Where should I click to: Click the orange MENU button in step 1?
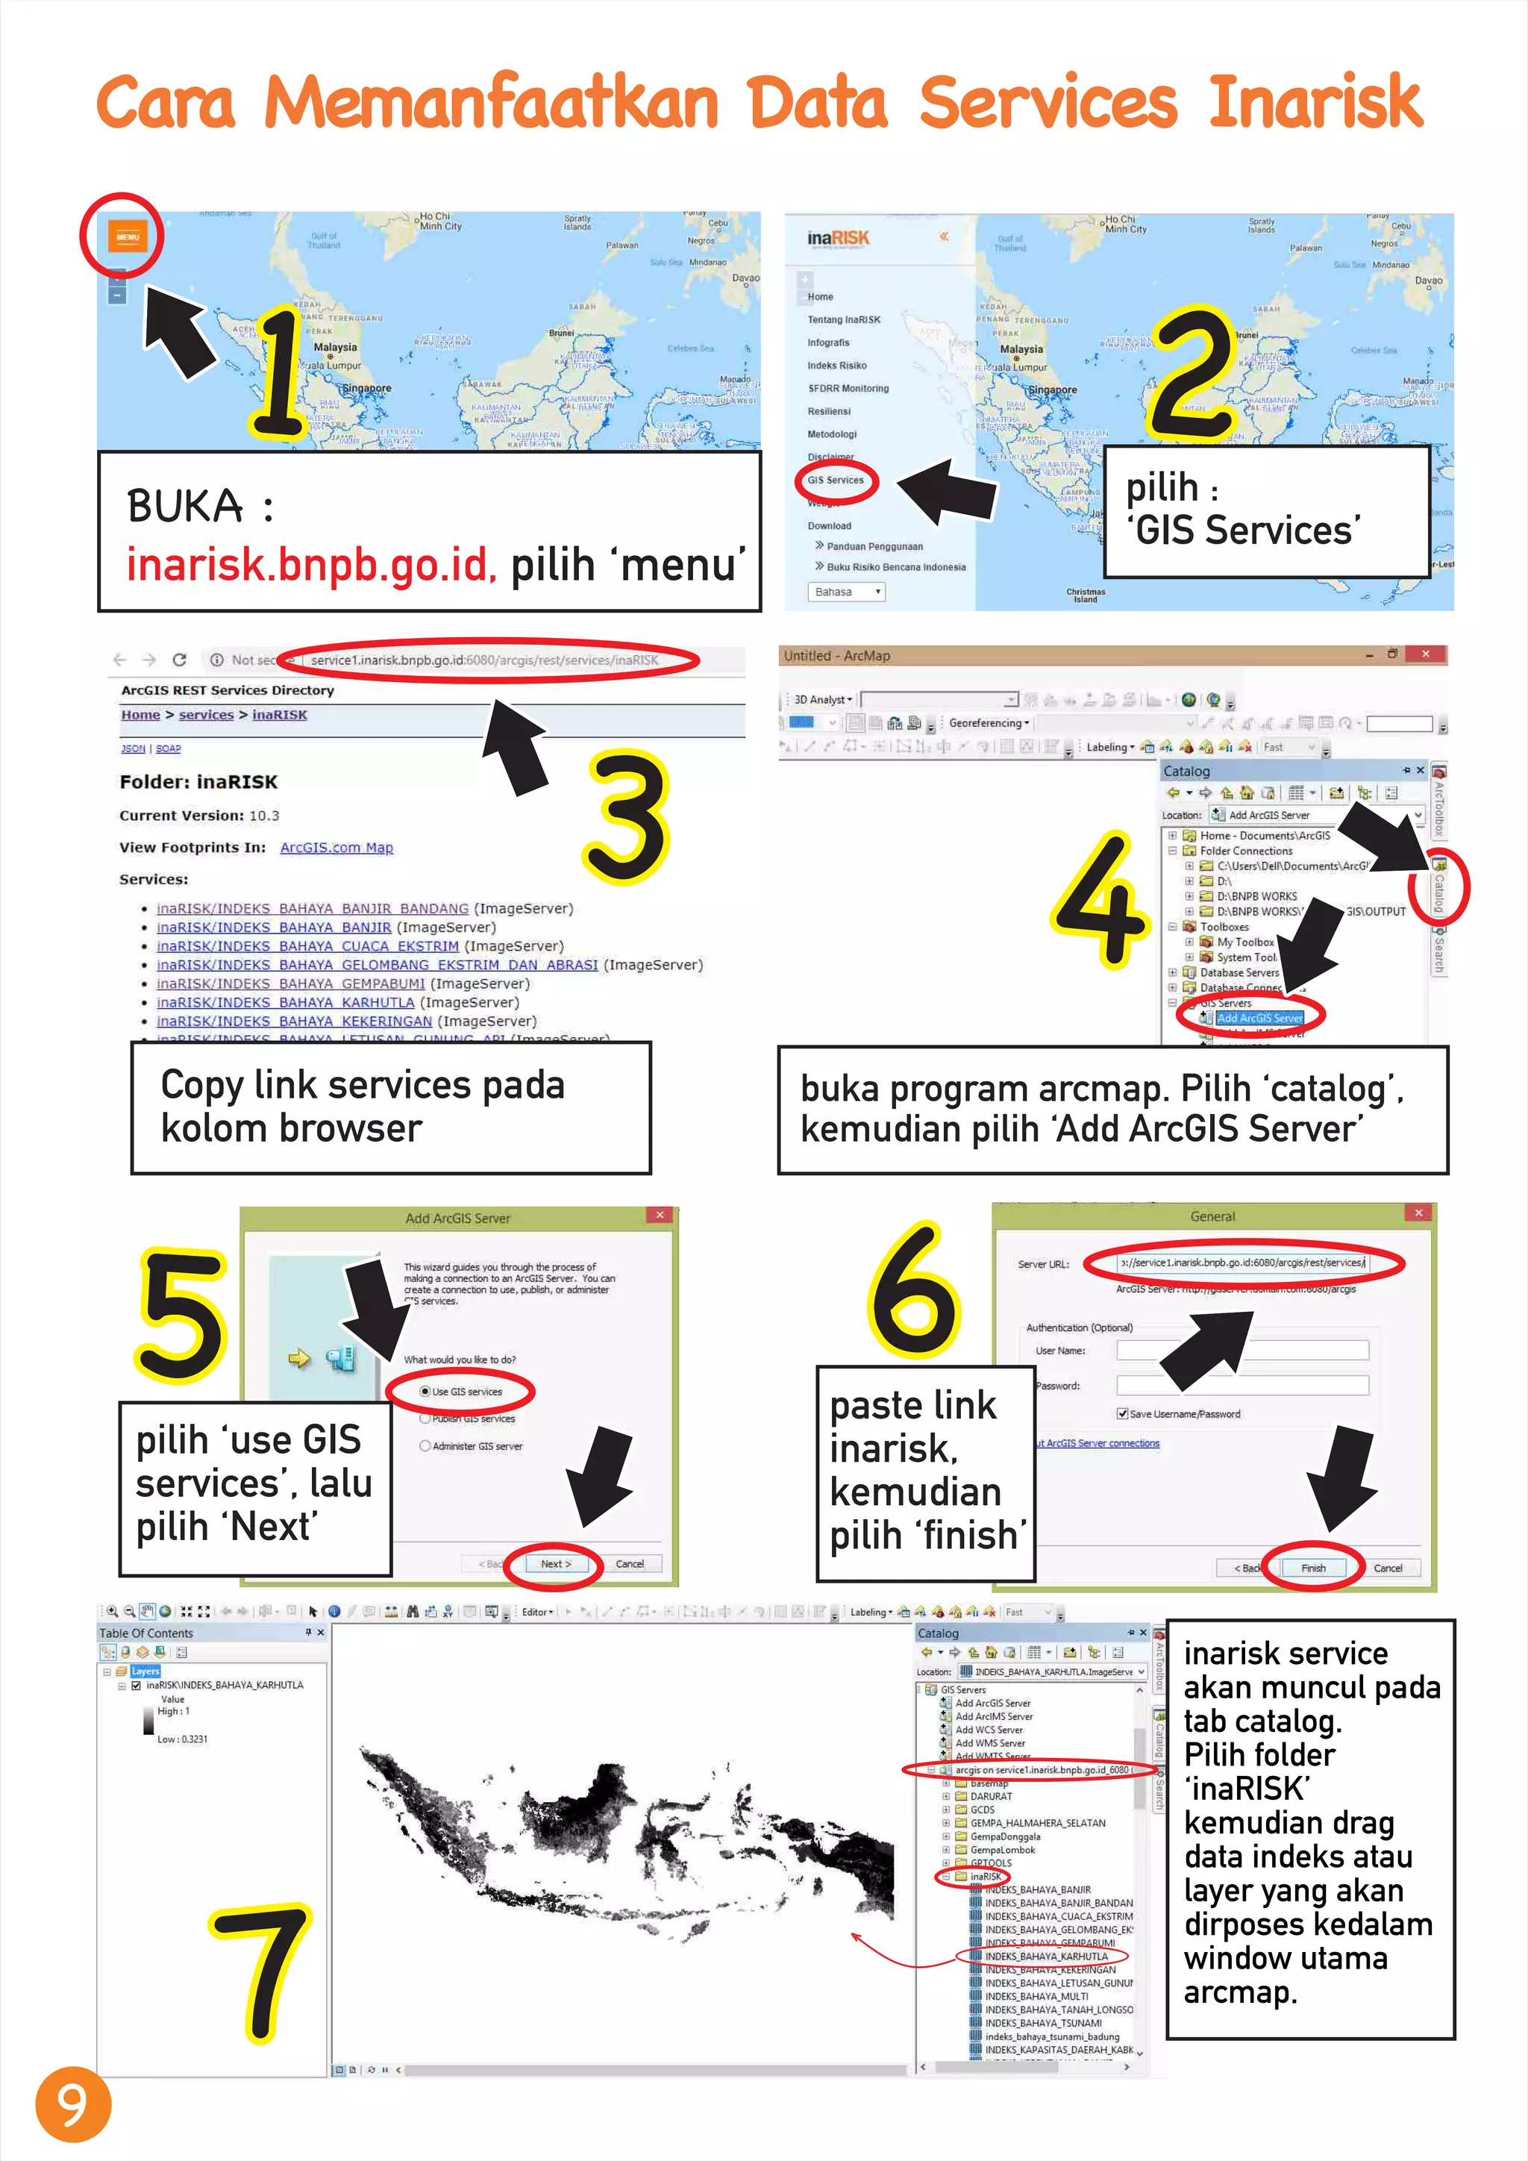tap(127, 237)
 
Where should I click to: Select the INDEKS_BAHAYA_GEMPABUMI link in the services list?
tap(291, 983)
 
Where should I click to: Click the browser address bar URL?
tap(484, 660)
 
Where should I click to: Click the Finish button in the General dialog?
tap(1312, 1568)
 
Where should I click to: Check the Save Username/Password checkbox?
tap(1122, 1414)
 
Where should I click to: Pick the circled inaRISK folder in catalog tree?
tap(984, 1876)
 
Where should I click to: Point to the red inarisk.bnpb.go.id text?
tap(310, 564)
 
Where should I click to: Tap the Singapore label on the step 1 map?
tap(367, 388)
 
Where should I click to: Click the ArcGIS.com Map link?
tap(336, 847)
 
